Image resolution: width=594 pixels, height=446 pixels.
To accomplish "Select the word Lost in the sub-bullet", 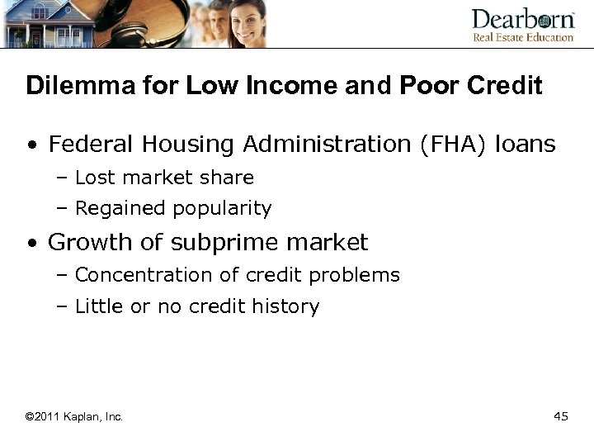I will point(92,178).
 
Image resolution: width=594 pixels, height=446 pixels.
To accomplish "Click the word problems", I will point(360,275).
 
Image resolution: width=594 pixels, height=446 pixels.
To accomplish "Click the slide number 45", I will point(561,416).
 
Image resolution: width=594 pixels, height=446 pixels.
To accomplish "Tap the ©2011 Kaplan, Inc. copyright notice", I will point(74,417).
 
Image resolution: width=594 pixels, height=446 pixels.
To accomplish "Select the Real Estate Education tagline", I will point(522,36).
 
